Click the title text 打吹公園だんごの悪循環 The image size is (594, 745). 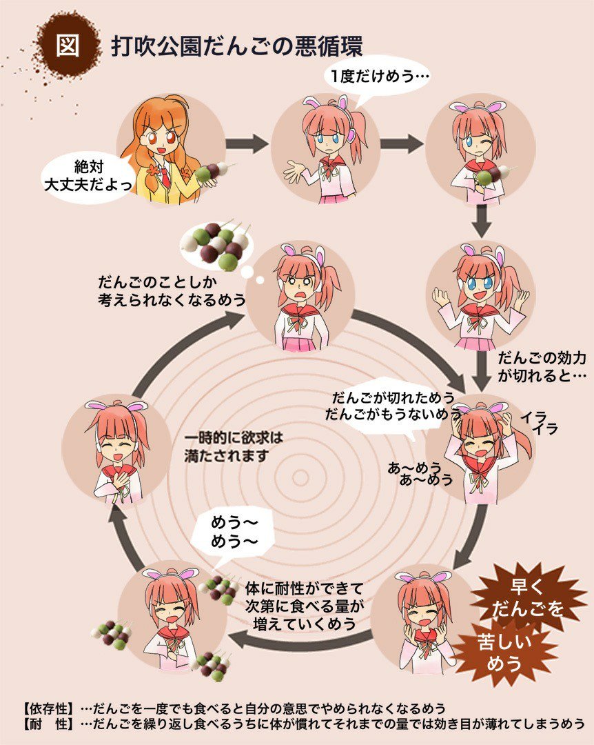pyautogui.click(x=236, y=46)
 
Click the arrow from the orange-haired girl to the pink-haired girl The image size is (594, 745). pyautogui.click(x=247, y=144)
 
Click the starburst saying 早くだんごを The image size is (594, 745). pyautogui.click(x=529, y=597)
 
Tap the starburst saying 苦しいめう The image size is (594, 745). pyautogui.click(x=505, y=652)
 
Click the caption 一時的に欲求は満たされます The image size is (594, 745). pyautogui.click(x=234, y=446)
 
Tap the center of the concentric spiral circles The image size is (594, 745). pyautogui.click(x=300, y=477)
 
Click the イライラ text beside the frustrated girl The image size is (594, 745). pyautogui.click(x=538, y=423)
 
